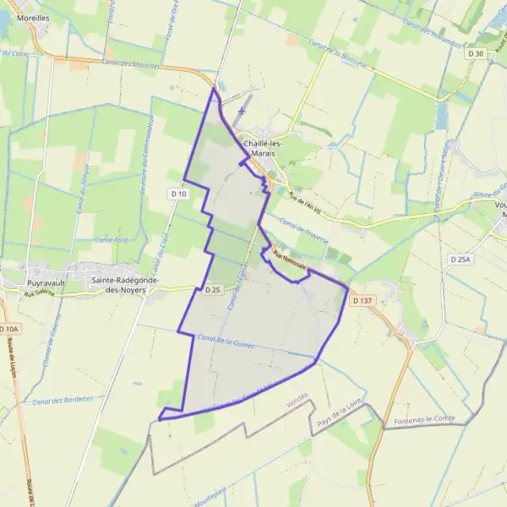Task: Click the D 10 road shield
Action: [x=177, y=194]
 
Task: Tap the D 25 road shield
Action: [x=212, y=290]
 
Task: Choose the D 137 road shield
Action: [x=361, y=300]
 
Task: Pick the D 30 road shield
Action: [x=477, y=54]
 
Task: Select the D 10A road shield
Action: [x=8, y=329]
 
